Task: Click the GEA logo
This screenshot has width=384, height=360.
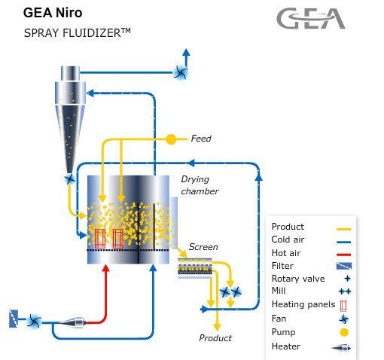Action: (x=311, y=18)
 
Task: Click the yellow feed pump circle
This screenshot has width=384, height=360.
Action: (x=171, y=139)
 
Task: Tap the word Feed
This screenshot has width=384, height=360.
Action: (x=201, y=139)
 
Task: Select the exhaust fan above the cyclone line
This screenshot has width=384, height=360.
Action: (x=181, y=72)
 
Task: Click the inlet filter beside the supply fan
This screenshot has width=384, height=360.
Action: (x=14, y=319)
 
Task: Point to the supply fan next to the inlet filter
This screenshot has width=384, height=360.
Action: (x=34, y=321)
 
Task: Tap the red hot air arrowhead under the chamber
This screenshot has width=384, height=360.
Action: (x=106, y=268)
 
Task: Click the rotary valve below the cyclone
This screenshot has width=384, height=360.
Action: (x=69, y=179)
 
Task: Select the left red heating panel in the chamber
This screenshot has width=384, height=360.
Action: (x=99, y=239)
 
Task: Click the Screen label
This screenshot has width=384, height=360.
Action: (x=203, y=247)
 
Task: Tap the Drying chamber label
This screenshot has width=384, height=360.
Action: (x=200, y=185)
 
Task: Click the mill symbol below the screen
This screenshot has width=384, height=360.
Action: (x=230, y=292)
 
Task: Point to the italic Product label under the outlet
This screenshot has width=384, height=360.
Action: (x=215, y=338)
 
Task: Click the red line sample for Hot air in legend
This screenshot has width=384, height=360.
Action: (x=343, y=255)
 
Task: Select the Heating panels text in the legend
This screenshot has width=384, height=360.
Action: (x=303, y=304)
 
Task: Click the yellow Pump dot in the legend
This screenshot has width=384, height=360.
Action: (x=344, y=332)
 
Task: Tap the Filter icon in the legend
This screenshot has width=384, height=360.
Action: (x=344, y=266)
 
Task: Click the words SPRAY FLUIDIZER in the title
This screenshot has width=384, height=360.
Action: (x=72, y=33)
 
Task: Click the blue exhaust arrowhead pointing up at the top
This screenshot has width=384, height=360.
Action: (x=186, y=52)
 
